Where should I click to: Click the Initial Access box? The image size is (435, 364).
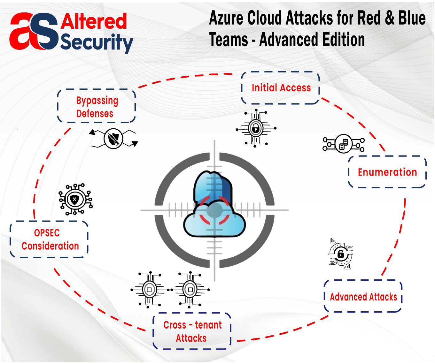click(281, 88)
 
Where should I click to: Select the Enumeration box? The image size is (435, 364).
click(387, 172)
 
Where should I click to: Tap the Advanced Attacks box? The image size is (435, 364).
click(363, 297)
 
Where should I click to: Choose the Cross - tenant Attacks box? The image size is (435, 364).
click(192, 331)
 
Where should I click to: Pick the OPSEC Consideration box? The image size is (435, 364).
click(49, 239)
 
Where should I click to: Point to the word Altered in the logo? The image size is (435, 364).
click(94, 21)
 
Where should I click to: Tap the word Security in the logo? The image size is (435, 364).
click(97, 42)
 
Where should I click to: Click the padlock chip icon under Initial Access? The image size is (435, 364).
click(256, 128)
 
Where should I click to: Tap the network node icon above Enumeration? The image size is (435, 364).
click(344, 144)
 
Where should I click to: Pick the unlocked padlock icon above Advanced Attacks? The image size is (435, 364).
click(341, 254)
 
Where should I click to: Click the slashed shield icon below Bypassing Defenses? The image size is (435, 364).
click(113, 139)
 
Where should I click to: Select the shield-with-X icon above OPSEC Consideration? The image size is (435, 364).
click(75, 200)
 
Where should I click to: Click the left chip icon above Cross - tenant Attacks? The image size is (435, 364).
click(149, 290)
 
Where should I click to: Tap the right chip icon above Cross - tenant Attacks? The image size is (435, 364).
click(190, 290)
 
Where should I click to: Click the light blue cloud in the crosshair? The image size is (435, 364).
click(214, 220)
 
